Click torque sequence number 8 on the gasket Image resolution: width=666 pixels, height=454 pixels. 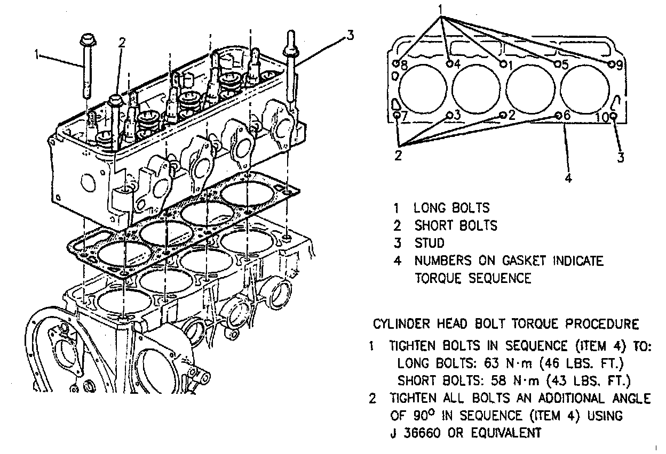tap(404, 67)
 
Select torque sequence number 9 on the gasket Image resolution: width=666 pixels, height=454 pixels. tap(619, 66)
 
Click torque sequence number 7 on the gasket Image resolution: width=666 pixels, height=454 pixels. tap(404, 116)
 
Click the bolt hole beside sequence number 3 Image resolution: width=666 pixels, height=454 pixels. tap(450, 114)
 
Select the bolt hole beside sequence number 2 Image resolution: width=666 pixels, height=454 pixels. tap(503, 115)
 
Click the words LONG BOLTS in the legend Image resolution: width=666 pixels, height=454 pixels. tap(451, 208)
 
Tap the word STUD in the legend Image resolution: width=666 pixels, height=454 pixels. tap(430, 244)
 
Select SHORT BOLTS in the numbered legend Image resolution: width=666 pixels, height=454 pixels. tap(456, 225)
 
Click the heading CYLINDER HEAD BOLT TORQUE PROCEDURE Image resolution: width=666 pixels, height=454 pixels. tap(505, 323)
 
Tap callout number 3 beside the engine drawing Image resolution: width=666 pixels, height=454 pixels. tap(350, 36)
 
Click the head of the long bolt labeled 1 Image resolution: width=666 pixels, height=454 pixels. tap(85, 40)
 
